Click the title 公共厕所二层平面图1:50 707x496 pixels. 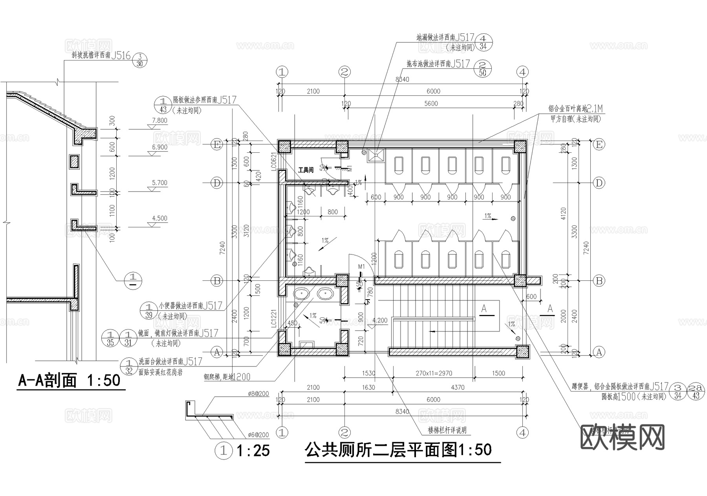(398, 450)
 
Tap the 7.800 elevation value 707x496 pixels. (159, 121)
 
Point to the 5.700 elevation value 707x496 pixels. (159, 183)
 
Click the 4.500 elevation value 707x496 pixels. (159, 218)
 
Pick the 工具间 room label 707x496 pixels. (306, 170)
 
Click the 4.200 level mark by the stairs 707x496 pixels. (380, 320)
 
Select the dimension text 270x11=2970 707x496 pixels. (434, 373)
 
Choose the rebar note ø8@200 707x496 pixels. (258, 394)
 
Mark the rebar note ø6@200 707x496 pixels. (258, 435)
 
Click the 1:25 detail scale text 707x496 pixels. (253, 450)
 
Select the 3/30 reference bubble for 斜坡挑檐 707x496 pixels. (139, 60)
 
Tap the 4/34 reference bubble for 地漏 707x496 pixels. (483, 42)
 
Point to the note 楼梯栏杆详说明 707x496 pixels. (447, 430)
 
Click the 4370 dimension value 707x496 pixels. (458, 387)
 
